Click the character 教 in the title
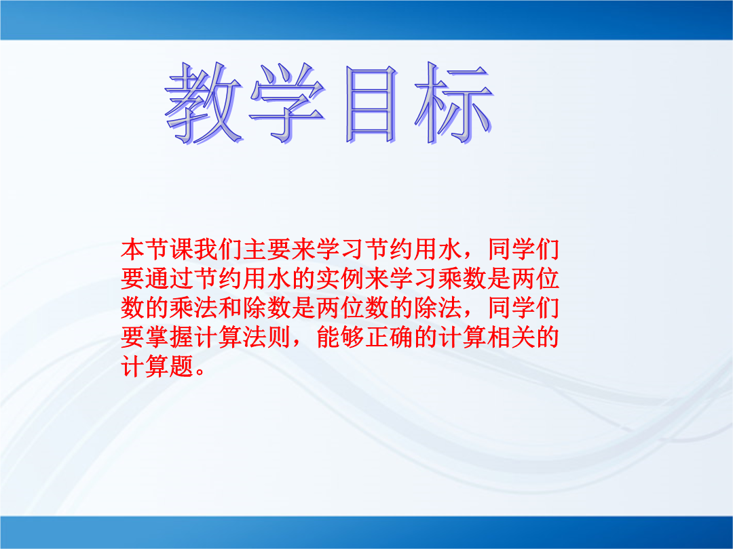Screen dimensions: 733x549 (204, 103)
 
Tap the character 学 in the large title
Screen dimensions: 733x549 (286, 103)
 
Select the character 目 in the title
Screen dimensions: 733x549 (371, 104)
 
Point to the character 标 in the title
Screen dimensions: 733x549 (453, 103)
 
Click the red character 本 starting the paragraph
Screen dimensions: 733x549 (133, 249)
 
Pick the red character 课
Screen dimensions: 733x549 (182, 249)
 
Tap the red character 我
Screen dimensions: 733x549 (206, 249)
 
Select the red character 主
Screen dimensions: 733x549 (255, 249)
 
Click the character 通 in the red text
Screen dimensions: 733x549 (157, 279)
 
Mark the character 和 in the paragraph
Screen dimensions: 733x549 (231, 308)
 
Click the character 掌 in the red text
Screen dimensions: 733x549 (157, 337)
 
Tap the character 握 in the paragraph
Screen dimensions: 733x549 (182, 337)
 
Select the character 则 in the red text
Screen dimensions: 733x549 (280, 337)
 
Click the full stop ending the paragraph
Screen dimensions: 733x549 (200, 372)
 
